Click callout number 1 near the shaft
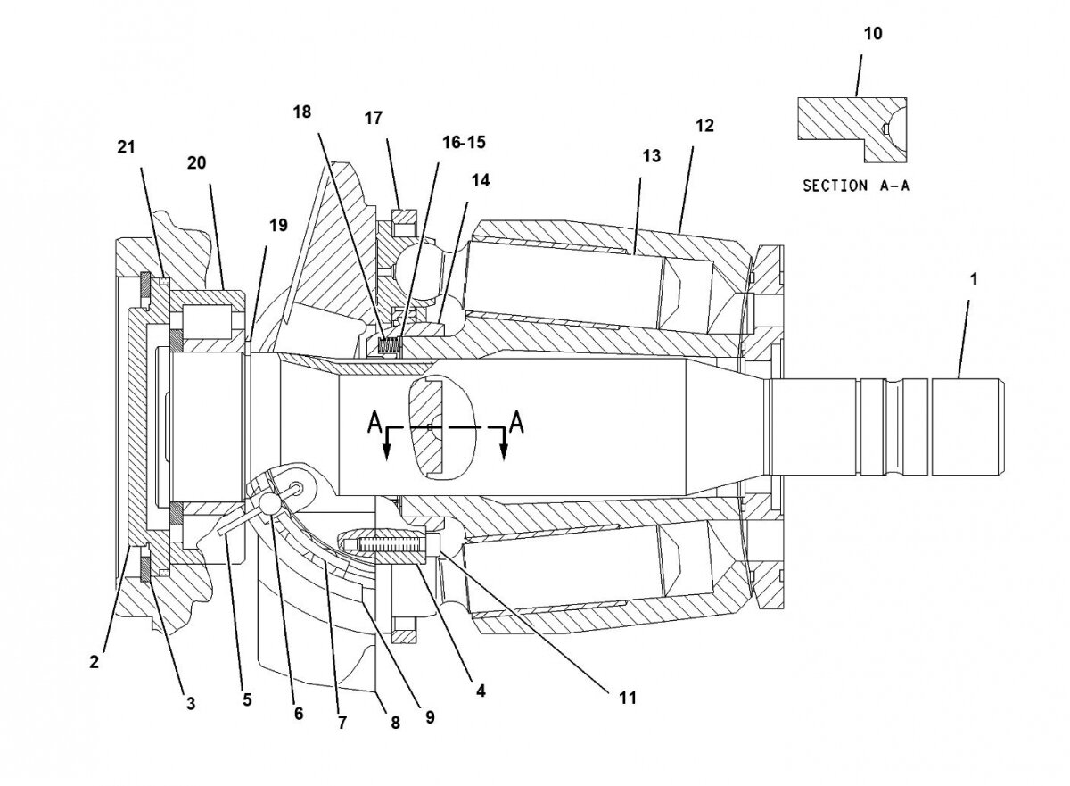click(974, 279)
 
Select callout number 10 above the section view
click(873, 34)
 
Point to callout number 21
click(127, 147)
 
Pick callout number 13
click(651, 156)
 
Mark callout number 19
click(278, 226)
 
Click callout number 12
click(704, 127)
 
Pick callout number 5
click(246, 701)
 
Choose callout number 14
click(481, 180)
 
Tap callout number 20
click(196, 162)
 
